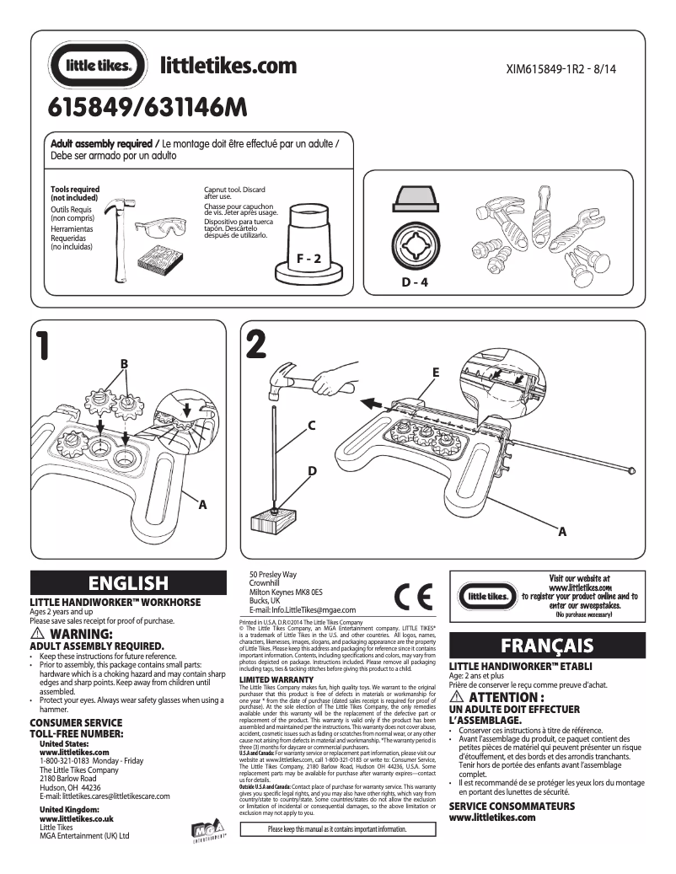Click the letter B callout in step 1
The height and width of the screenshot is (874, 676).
coord(124,364)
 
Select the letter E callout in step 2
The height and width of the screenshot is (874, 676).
coord(436,372)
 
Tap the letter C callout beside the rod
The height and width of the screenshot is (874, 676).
coord(311,427)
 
